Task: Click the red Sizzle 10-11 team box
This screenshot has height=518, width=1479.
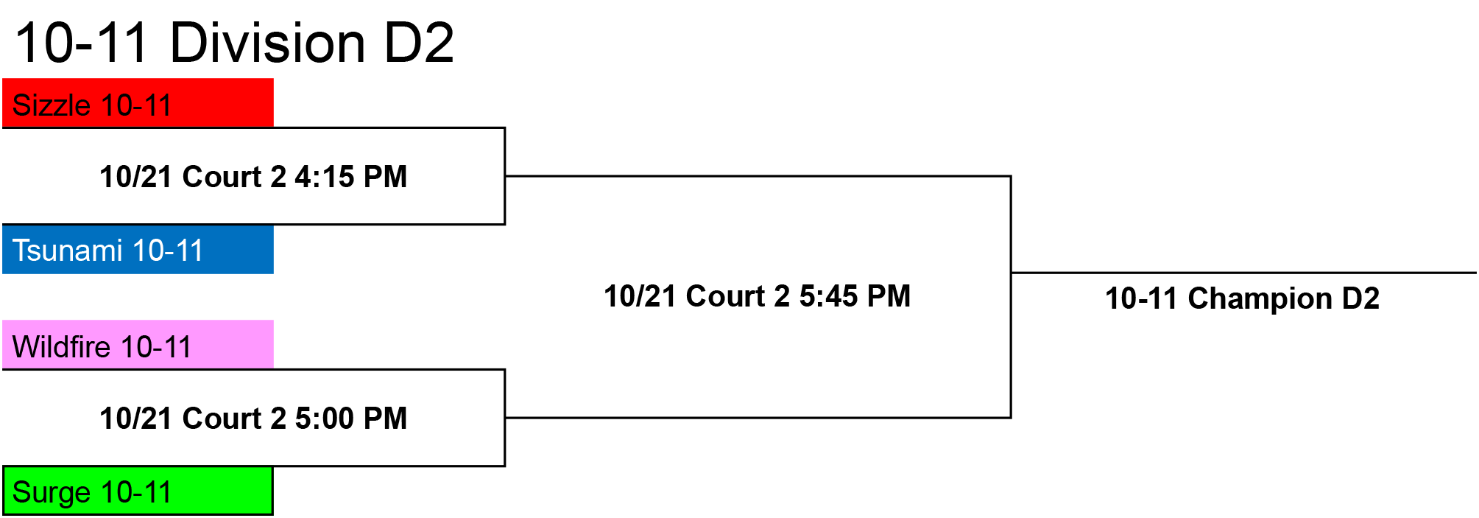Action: point(138,102)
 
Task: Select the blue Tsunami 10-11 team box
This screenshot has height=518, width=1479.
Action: point(138,249)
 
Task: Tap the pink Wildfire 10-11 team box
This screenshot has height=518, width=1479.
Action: point(138,344)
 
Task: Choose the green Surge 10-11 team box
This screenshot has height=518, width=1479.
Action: point(138,491)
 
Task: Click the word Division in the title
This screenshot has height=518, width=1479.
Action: point(267,42)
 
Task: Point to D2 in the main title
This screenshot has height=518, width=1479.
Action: point(419,42)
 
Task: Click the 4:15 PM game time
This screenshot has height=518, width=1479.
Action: point(351,177)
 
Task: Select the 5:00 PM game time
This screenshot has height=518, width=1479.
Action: point(351,419)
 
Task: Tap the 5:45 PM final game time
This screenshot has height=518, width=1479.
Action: point(855,296)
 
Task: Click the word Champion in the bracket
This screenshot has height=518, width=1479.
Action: point(1260,299)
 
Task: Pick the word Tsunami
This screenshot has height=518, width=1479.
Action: point(67,251)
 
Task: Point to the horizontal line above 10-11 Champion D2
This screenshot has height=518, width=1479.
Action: point(1244,273)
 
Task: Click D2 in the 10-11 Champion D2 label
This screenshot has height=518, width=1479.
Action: point(1361,298)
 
